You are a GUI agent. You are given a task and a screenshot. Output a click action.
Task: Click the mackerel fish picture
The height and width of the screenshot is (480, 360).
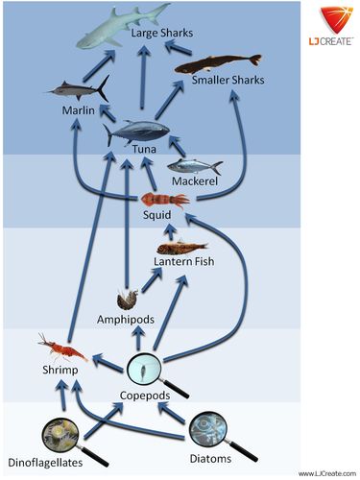point(197,165)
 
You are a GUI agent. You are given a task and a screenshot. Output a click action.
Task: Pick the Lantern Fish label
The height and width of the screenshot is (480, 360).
point(183,261)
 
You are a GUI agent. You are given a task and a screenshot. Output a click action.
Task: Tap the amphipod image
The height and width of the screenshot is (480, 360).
point(124,300)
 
